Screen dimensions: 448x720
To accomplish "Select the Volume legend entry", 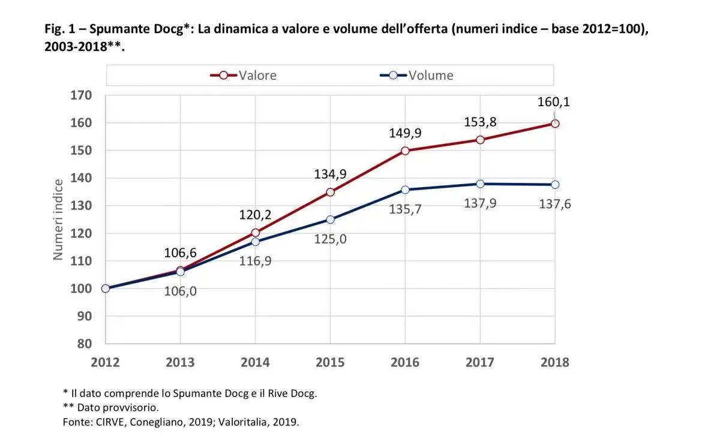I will coord(417,76).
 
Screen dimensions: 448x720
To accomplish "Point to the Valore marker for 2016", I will coord(405,151).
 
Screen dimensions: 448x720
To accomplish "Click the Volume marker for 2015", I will coord(330,220).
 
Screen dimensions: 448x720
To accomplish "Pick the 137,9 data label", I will coord(480,203).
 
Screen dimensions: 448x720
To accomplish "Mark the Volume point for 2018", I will coord(555,184).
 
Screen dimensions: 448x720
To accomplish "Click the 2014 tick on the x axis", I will coord(255,362).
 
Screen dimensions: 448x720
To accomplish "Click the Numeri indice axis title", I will coord(58,220).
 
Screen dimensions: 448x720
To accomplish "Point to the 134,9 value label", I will coord(330,175).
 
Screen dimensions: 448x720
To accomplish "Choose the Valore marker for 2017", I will coord(480,140).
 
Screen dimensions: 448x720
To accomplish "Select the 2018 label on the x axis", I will coord(555,362).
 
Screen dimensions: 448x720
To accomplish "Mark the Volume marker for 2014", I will coord(255,242).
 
